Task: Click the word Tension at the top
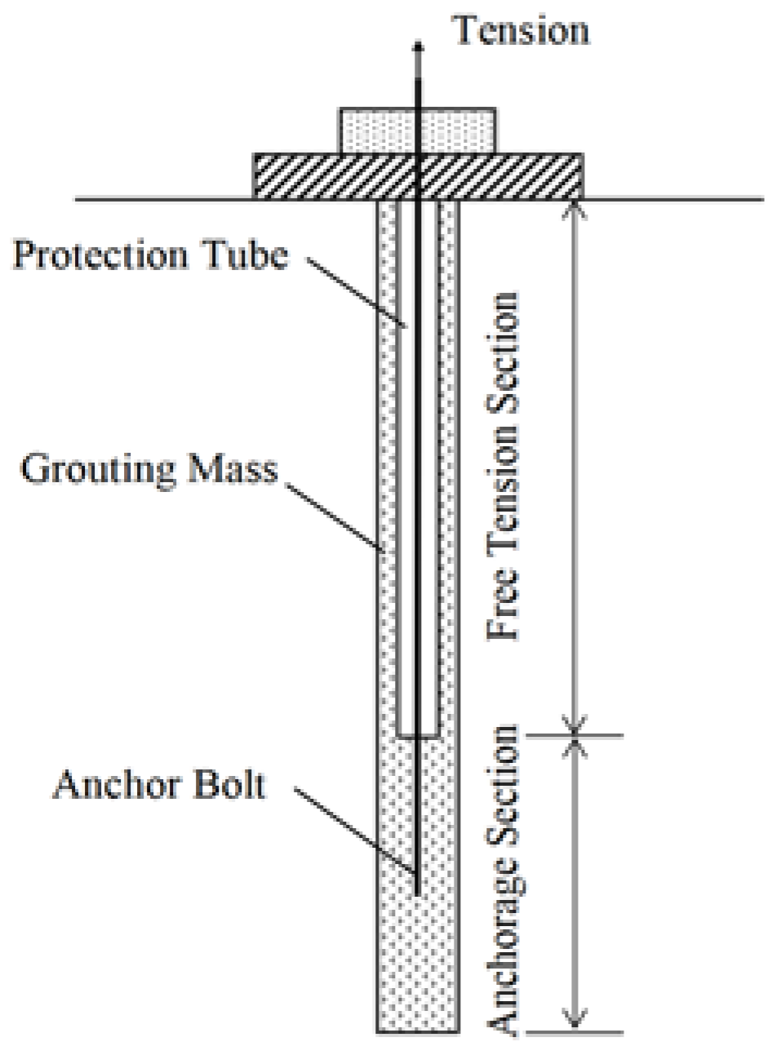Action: [521, 30]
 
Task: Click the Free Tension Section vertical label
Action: [503, 465]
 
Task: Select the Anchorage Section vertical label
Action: [503, 881]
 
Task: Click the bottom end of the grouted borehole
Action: [417, 1030]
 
